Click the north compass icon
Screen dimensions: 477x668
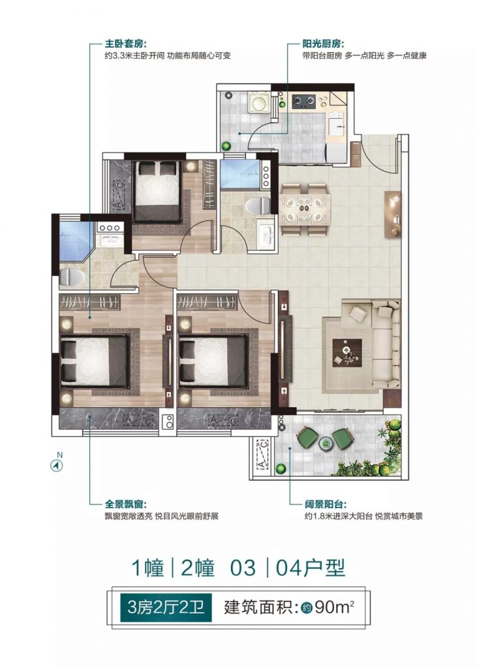[57, 466]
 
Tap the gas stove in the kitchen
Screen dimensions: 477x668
[303, 101]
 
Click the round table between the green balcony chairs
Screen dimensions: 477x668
[326, 444]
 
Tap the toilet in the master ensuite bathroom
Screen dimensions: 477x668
[70, 277]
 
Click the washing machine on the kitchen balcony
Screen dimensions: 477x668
[259, 102]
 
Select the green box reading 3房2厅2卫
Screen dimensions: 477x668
[166, 607]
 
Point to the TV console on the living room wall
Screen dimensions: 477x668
[392, 214]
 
